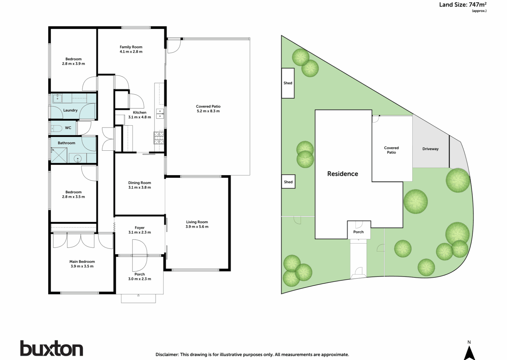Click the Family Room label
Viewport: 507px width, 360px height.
(131, 47)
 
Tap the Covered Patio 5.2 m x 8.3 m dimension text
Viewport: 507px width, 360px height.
(208, 111)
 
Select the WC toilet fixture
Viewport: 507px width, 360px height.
(56, 128)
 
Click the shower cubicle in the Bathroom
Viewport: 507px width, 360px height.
(59, 155)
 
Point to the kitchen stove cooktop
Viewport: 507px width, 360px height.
(158, 138)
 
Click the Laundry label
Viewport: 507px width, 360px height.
(70, 110)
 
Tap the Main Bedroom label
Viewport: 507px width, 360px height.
(82, 262)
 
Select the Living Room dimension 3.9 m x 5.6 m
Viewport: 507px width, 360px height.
(197, 227)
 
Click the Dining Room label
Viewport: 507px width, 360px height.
(140, 183)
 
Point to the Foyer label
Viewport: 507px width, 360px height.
(140, 228)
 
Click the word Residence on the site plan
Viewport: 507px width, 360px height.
(343, 174)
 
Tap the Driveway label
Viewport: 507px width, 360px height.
(430, 149)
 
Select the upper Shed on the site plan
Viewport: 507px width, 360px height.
(288, 83)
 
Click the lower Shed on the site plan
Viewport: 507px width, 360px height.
(288, 182)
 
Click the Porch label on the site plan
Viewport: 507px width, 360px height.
(358, 232)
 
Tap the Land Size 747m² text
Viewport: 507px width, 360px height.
(462, 5)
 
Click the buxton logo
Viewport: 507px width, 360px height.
(51, 348)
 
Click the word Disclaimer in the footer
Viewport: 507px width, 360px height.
(167, 354)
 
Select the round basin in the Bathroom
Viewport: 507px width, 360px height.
(77, 159)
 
